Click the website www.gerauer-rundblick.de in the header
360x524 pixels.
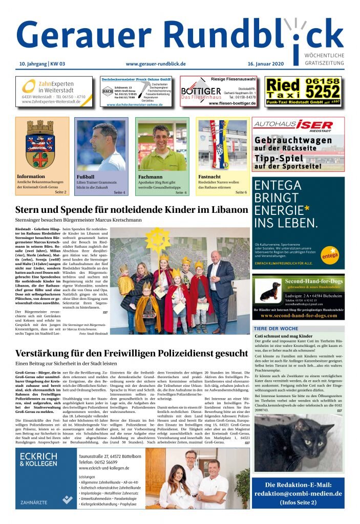point(155,63)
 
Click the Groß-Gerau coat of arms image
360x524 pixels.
point(42,145)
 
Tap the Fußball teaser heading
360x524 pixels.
point(86,177)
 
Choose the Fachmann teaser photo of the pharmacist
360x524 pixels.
point(161,145)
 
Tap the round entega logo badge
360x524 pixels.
point(329,252)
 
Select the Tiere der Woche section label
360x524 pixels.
point(276,328)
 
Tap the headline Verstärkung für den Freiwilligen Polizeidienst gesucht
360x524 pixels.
point(131,353)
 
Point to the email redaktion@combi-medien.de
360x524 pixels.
point(298,493)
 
